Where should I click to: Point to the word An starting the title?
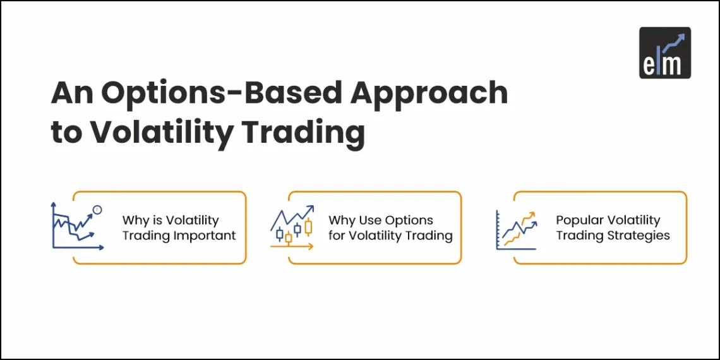point(73,93)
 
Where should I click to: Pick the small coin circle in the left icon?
point(97,209)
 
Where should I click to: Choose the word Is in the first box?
point(155,220)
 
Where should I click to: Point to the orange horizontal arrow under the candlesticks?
point(292,247)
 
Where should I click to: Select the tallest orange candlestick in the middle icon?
point(308,227)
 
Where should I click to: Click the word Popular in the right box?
point(579,220)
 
